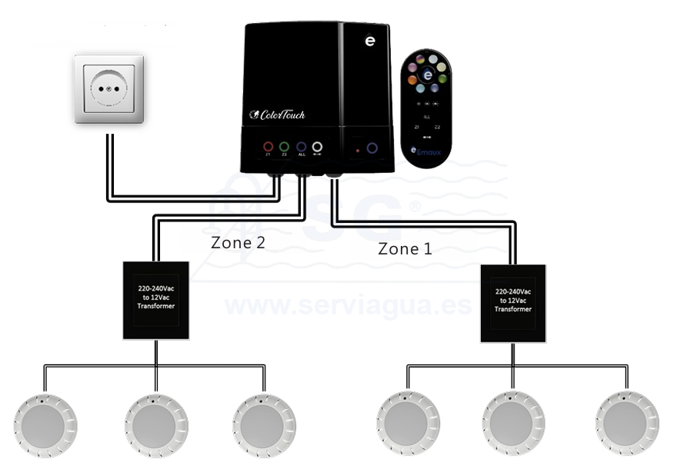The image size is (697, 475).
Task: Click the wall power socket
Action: [x=108, y=88]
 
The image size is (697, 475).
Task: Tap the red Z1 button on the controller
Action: [x=268, y=146]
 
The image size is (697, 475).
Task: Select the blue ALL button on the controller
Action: [x=301, y=146]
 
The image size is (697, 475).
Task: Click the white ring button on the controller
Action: [x=316, y=146]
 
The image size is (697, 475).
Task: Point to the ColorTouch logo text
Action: [x=278, y=115]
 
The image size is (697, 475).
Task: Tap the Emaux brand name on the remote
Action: [x=431, y=152]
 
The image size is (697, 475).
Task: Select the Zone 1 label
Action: [x=405, y=249]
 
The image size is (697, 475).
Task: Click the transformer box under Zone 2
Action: [x=155, y=301]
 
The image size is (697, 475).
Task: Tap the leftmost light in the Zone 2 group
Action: [x=45, y=426]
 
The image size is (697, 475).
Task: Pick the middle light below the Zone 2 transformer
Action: [x=156, y=426]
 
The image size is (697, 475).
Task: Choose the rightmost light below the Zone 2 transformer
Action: [x=264, y=426]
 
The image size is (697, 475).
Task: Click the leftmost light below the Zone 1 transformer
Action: [x=408, y=424]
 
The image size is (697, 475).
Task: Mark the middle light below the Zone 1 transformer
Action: [x=514, y=424]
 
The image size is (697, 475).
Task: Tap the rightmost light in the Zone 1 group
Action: [x=626, y=424]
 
